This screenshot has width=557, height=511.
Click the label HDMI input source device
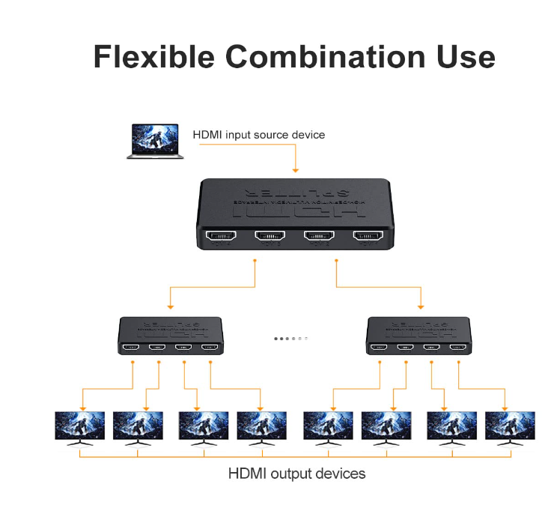click(259, 135)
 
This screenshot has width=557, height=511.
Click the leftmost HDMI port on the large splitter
click(221, 236)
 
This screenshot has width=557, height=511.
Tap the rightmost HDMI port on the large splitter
click(368, 236)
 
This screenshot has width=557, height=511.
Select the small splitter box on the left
click(171, 334)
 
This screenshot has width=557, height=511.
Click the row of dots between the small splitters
click(291, 339)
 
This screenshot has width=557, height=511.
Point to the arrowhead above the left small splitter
click(171, 306)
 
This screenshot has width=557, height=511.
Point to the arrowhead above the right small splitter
click(421, 306)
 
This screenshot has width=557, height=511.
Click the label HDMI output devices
click(296, 474)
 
